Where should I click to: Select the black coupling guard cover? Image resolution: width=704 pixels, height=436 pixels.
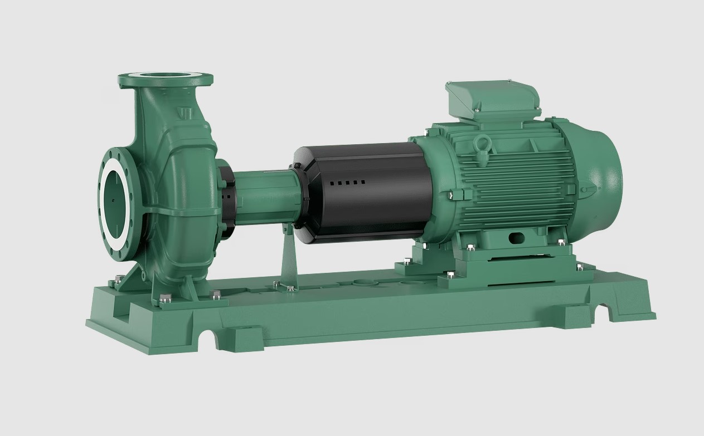point(362,189)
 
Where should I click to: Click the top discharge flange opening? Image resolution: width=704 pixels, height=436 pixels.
point(166,77)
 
